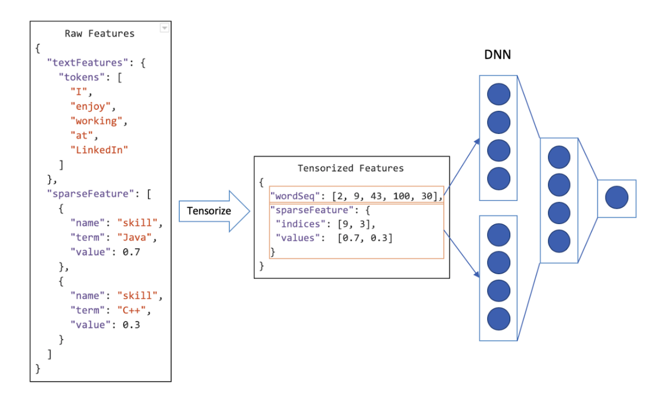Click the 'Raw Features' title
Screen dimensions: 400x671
(100, 34)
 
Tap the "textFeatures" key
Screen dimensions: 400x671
(87, 63)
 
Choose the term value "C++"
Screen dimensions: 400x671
(134, 310)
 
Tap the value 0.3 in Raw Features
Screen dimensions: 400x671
(131, 325)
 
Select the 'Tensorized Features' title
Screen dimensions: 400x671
(351, 168)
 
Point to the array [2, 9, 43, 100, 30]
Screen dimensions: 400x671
(387, 196)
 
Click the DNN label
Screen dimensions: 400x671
(497, 54)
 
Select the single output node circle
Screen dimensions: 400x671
(616, 198)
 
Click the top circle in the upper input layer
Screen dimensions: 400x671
(499, 94)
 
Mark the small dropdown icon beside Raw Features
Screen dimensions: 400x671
(165, 28)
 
